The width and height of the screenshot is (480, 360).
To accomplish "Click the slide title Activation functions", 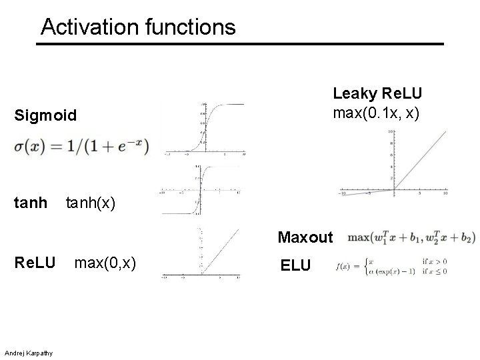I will (138, 27).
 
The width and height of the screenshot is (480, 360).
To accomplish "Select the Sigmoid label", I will (45, 116).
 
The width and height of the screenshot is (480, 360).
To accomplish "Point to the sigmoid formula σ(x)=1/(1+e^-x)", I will (81, 146).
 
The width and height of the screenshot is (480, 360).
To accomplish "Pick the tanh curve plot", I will (199, 191).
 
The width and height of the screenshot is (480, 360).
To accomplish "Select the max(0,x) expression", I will (105, 265).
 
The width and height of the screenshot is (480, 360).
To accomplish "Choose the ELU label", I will (295, 265).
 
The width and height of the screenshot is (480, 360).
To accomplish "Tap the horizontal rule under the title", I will (240, 44).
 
